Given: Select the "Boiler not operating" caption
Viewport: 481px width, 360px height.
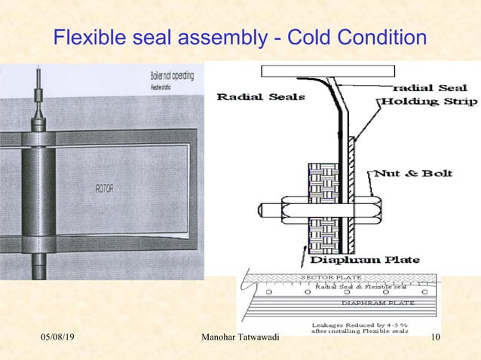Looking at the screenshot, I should pos(172,76).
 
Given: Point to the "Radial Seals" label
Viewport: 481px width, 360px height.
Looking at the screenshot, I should pos(250,96).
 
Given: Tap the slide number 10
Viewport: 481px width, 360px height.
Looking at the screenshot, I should pos(434,343).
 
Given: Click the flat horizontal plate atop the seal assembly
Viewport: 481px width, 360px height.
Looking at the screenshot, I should pos(327,72).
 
